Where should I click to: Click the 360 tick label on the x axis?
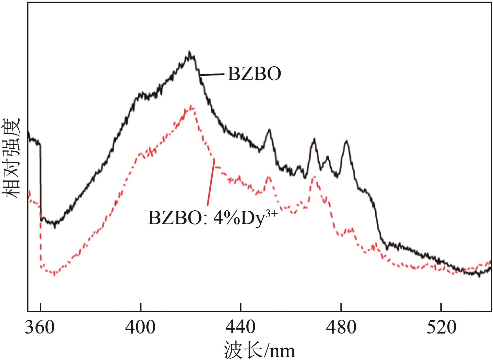(x=40, y=327)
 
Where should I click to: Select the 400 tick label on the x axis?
(x=140, y=327)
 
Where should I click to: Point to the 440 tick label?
(x=241, y=327)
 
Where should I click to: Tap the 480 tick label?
(x=341, y=327)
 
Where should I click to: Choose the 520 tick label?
(x=441, y=327)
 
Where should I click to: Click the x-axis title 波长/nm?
(x=259, y=350)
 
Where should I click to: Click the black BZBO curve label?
(x=254, y=74)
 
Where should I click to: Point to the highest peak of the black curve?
(x=189, y=52)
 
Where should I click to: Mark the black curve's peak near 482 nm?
(x=346, y=141)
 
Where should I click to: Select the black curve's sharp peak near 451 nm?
(x=269, y=130)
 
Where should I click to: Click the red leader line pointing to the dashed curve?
(x=211, y=183)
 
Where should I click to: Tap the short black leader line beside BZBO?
(x=212, y=74)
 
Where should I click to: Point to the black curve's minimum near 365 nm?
(x=55, y=225)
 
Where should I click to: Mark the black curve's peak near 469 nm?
(x=314, y=139)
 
